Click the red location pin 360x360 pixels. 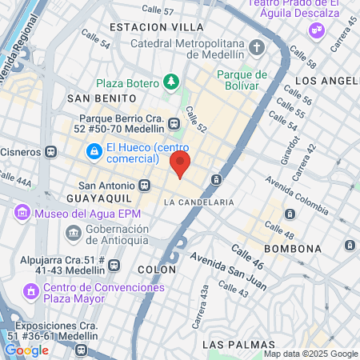tap(180, 166)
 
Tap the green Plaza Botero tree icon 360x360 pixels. tap(170, 82)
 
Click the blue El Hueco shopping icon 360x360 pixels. tap(94, 150)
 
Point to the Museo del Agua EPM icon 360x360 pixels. tap(22, 213)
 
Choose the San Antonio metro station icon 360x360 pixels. tap(144, 185)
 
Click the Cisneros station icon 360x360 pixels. tap(52, 150)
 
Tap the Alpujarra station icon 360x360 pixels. tap(114, 265)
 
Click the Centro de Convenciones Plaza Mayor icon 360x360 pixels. tap(31, 294)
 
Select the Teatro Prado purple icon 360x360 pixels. tap(318, 30)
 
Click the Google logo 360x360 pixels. tap(26, 350)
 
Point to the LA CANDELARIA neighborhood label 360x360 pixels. tap(198, 202)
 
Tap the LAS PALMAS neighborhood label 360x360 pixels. tap(231, 344)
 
